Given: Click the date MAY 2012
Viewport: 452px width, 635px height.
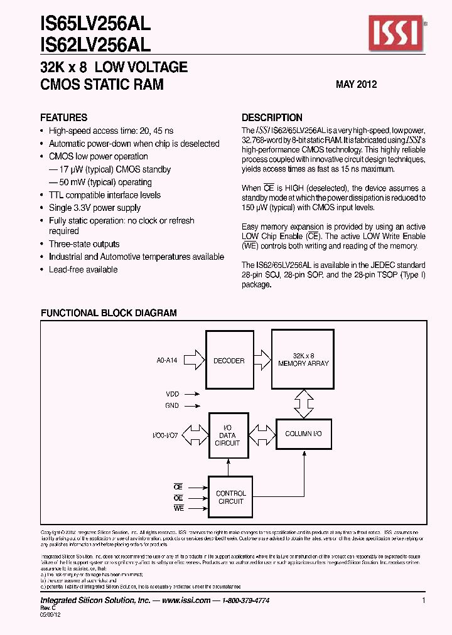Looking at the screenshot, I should tap(356, 84).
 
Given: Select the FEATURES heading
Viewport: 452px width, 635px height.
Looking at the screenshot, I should tap(63, 117).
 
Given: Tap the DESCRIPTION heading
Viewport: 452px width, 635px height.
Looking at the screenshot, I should tap(272, 117).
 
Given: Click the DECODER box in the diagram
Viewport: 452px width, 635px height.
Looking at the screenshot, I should tap(229, 361).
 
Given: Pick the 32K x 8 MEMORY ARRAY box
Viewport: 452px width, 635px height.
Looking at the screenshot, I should tap(303, 360).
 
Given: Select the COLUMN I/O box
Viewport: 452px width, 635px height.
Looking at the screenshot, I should tap(304, 434).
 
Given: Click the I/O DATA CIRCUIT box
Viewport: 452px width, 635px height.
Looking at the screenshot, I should tap(227, 434).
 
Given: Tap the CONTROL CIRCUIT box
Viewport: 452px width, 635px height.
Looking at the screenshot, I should tap(230, 497).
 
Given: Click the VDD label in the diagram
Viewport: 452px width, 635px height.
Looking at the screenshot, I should tap(172, 394).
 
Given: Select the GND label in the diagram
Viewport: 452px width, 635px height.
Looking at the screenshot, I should tap(172, 405).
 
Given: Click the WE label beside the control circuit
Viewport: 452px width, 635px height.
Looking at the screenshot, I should tap(178, 509).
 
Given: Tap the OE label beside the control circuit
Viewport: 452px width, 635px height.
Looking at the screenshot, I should tap(178, 498).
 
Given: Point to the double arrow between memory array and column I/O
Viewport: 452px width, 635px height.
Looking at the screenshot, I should tap(303, 402).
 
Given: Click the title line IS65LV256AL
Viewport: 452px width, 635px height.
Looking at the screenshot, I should tap(95, 24).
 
